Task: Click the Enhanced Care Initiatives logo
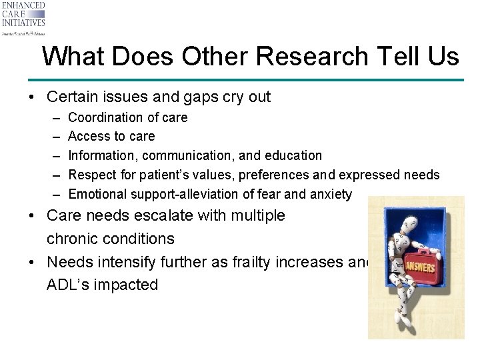click(x=24, y=18)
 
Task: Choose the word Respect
click(x=92, y=175)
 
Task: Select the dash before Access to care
click(x=55, y=137)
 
